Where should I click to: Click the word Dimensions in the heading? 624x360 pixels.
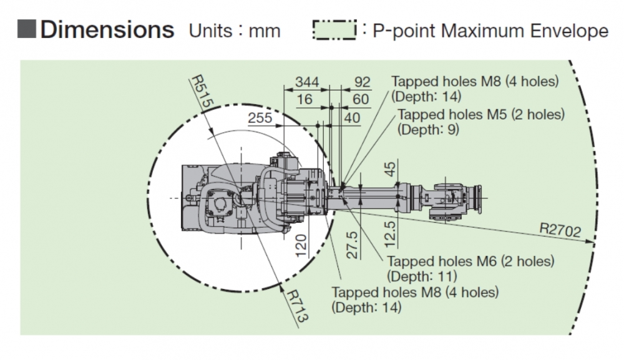107,29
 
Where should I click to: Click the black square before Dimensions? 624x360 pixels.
28,30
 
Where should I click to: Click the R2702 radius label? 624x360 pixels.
561,232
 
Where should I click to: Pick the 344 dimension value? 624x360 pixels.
307,82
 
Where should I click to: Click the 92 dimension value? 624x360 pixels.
362,82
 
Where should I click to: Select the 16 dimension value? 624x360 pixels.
305,99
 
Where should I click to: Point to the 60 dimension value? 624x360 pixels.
361,99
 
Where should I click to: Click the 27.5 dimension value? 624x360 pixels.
353,245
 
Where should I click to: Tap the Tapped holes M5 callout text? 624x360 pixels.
480,115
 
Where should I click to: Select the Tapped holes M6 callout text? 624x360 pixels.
470,261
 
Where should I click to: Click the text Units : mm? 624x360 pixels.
235,31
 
